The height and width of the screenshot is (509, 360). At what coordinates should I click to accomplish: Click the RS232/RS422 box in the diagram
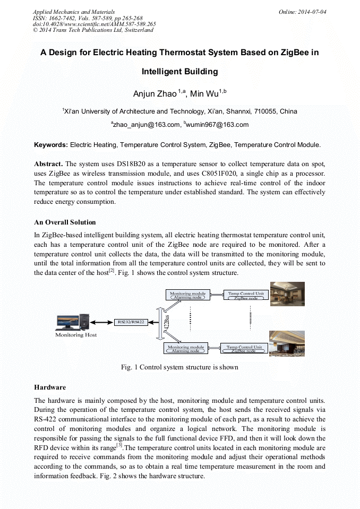130,322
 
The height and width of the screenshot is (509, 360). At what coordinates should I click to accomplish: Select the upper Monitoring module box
186,295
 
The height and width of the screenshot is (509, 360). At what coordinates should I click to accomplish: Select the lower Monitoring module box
186,349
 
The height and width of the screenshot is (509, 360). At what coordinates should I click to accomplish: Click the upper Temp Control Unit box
245,295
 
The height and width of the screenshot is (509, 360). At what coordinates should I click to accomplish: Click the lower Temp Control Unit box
244,349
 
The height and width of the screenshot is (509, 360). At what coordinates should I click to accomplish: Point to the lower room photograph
287,344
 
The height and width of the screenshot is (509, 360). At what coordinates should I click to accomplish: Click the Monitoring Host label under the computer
76,335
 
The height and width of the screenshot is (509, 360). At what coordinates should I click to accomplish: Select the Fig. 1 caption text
179,367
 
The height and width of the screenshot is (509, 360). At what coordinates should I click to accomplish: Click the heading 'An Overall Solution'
65,222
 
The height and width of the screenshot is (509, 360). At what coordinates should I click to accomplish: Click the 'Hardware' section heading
50,387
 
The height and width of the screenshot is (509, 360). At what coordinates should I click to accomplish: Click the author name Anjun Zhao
155,94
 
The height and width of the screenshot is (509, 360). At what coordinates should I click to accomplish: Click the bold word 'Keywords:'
51,144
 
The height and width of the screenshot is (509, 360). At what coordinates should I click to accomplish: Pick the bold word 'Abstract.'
48,164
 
